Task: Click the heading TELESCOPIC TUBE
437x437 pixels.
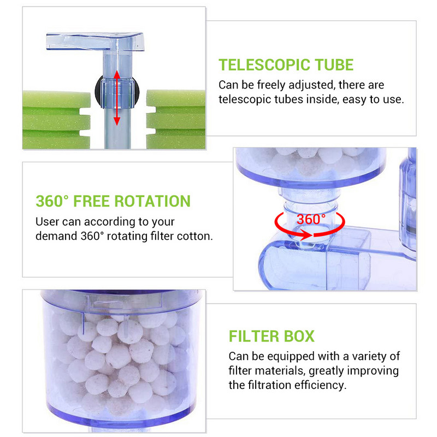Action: [x=286, y=65]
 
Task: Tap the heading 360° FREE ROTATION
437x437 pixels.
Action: [x=113, y=201]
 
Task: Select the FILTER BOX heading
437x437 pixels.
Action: [x=271, y=335]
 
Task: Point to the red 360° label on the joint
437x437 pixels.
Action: [x=311, y=220]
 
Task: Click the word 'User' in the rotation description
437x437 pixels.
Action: [x=48, y=222]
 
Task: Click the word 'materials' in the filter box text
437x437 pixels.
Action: [x=281, y=370]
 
